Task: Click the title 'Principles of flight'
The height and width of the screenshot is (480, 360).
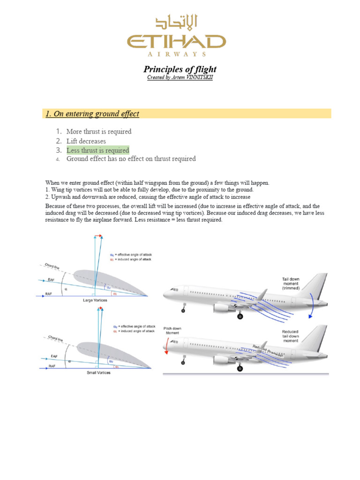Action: pyautogui.click(x=180, y=69)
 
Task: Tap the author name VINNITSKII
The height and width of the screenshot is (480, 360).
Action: pyautogui.click(x=197, y=77)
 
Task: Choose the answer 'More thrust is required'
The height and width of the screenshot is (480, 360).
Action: pyautogui.click(x=98, y=132)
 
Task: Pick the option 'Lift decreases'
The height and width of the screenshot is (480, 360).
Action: pyautogui.click(x=86, y=141)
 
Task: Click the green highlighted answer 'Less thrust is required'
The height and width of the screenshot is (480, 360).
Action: pyautogui.click(x=97, y=150)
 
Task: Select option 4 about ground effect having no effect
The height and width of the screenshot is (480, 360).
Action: pyautogui.click(x=131, y=159)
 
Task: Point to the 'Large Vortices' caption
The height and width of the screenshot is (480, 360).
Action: pyautogui.click(x=95, y=300)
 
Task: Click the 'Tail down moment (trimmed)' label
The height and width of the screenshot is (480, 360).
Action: pyautogui.click(x=291, y=283)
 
